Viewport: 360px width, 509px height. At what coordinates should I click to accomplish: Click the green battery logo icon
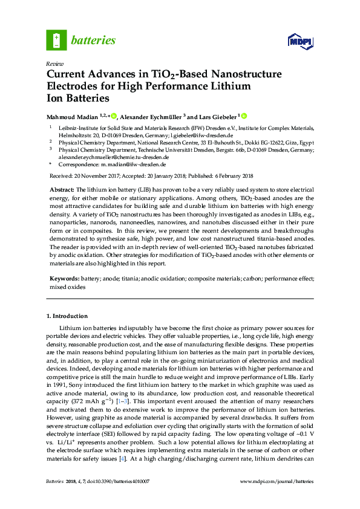[x=56, y=41]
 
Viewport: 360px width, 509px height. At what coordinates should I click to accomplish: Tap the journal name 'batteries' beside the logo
[x=93, y=41]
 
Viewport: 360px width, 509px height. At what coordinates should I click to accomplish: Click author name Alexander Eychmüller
[x=152, y=117]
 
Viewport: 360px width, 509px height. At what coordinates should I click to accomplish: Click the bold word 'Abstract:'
[x=62, y=189]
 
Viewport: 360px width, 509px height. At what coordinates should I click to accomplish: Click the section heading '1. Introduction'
[x=67, y=316]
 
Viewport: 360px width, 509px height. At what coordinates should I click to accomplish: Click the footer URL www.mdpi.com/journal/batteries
[x=277, y=498]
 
